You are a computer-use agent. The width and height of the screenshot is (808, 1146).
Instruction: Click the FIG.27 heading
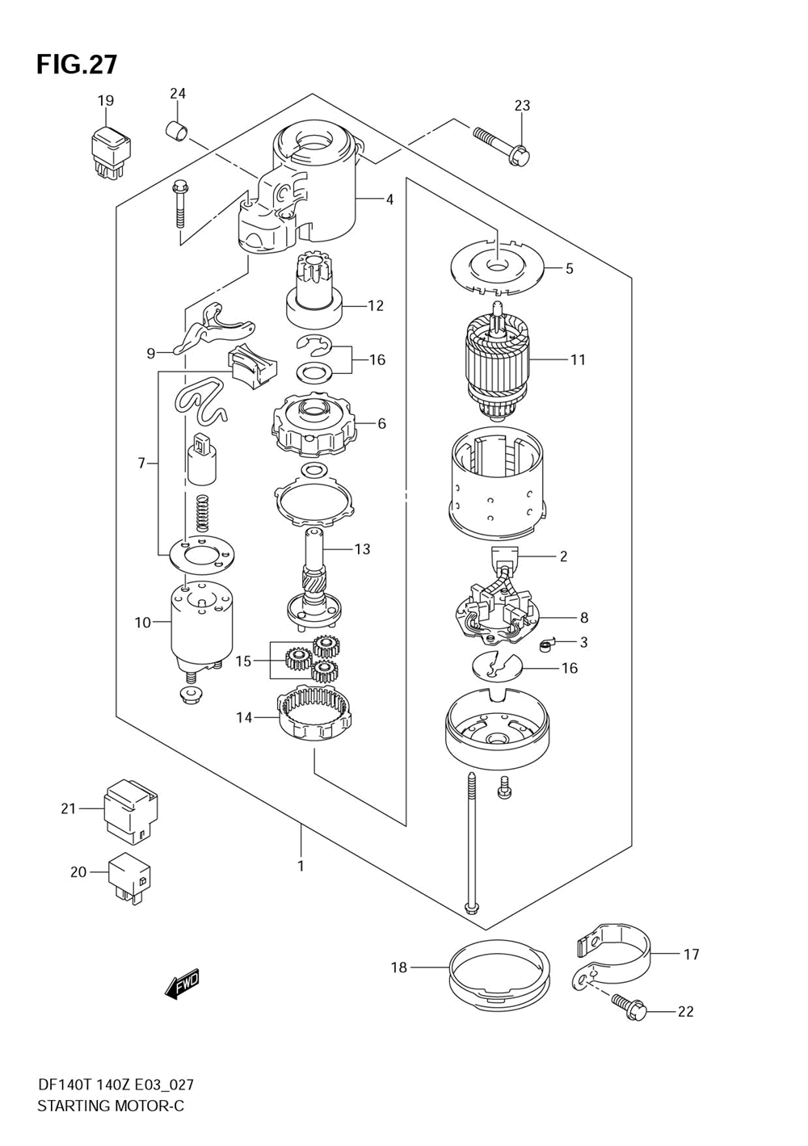tap(77, 64)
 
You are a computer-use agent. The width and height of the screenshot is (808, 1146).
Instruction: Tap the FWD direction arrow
tap(182, 984)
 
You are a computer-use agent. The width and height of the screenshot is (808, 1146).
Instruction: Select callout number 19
tap(106, 101)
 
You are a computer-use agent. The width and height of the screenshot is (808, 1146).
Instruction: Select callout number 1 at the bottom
tap(301, 866)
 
